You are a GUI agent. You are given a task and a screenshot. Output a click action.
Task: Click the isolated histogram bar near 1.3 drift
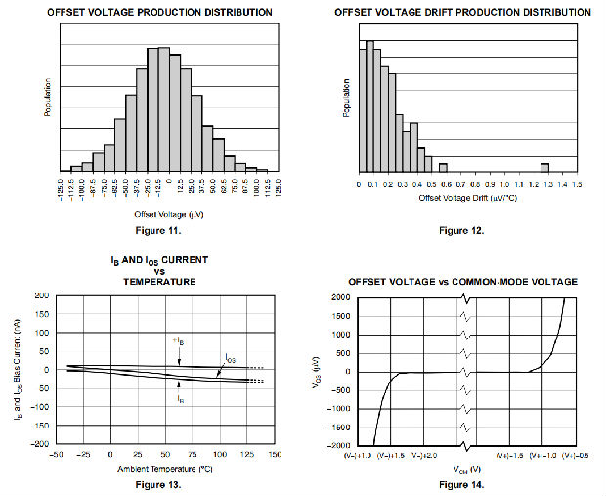click(x=544, y=166)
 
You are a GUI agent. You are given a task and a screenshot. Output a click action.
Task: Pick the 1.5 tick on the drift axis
click(x=577, y=183)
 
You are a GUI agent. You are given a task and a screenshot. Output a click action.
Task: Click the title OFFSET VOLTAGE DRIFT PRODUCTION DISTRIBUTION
click(x=461, y=12)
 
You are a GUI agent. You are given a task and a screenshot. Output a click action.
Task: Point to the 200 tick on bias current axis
click(x=43, y=294)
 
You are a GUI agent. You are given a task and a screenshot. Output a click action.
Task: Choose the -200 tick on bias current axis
click(x=41, y=444)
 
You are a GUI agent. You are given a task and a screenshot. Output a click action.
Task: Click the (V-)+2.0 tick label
click(x=423, y=456)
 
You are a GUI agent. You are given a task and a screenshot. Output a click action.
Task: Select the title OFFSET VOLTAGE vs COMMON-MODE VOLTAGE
click(x=461, y=282)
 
